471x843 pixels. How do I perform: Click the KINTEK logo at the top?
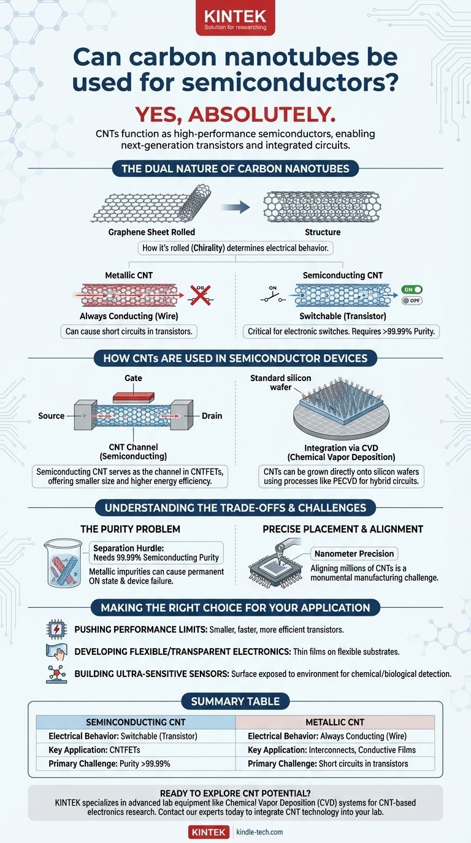tap(235, 17)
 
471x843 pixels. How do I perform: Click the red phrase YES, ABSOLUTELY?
tap(235, 113)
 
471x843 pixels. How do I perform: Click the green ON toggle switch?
tap(413, 290)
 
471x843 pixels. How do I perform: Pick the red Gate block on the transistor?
tap(134, 397)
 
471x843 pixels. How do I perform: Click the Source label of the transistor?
tap(51, 416)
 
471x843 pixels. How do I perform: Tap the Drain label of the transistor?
tap(212, 416)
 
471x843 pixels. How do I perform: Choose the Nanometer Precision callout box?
tap(354, 554)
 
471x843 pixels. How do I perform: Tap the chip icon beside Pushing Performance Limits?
tap(55, 630)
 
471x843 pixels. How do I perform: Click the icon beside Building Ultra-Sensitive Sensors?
tap(56, 673)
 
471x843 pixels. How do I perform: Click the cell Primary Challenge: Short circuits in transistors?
tap(328, 763)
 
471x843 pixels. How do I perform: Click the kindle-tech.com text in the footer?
tap(259, 832)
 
